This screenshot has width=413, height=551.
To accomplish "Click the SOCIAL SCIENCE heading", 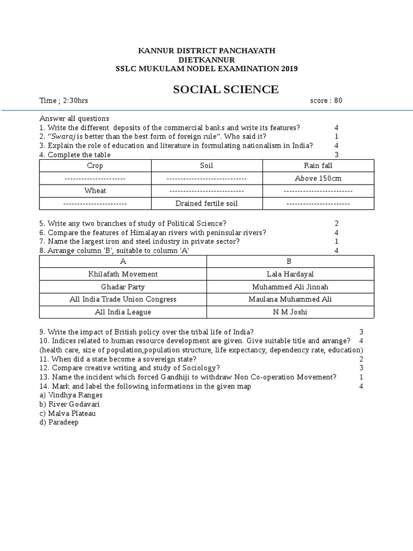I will click(x=226, y=89).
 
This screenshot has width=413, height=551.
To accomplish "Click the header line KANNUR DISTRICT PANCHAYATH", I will click(x=207, y=50).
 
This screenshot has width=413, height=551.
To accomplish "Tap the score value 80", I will click(x=338, y=101).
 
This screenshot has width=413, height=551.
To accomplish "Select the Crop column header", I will click(x=95, y=166).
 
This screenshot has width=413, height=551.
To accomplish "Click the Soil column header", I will click(x=206, y=166).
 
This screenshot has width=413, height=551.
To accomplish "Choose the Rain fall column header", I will click(x=318, y=166).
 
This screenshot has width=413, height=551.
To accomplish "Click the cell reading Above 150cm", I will click(x=318, y=178).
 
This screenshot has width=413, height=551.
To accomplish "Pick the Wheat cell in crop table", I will click(x=95, y=190).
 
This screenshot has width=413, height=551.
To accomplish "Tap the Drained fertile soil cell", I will click(x=206, y=203).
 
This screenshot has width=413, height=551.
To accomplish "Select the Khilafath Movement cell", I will click(x=123, y=274).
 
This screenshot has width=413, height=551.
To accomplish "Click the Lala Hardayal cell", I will click(x=290, y=274).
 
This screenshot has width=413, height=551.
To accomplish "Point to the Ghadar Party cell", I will click(x=123, y=287).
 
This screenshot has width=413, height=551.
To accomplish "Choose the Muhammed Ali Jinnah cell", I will click(x=290, y=287).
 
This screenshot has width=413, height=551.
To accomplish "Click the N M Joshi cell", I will click(x=290, y=312).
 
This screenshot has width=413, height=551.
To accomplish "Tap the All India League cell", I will click(x=123, y=312).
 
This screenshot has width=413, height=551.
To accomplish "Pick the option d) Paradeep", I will click(x=59, y=422).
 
